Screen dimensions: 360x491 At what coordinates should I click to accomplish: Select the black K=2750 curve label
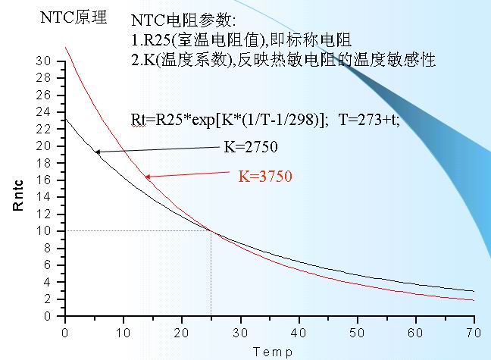250,147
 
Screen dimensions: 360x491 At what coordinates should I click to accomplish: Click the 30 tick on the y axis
48,61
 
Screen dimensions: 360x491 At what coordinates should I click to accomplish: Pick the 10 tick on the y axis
48,230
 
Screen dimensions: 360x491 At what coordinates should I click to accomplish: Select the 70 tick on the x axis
474,331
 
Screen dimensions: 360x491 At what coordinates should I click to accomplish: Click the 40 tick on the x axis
299,331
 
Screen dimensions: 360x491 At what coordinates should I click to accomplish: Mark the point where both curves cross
211,230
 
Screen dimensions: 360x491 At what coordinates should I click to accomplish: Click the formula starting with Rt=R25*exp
228,120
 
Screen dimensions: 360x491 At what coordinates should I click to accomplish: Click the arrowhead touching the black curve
97,152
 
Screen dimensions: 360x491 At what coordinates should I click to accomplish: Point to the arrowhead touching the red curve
148,177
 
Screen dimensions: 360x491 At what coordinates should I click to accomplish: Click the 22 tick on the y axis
48,129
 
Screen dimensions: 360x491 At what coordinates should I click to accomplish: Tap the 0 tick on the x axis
65,331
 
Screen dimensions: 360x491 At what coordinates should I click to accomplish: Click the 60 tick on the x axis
415,331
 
